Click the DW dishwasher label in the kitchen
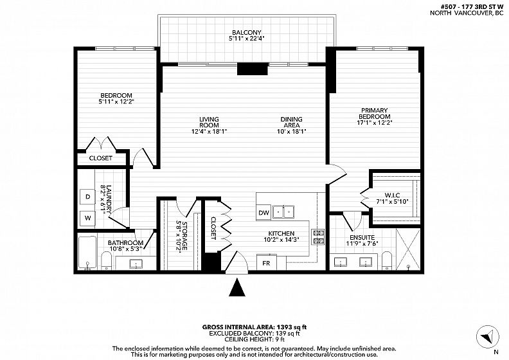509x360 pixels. click(264, 213)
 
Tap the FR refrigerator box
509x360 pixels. click(266, 262)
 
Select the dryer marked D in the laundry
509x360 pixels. click(87, 197)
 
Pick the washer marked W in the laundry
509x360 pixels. click(87, 218)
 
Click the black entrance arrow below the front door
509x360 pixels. click(237, 287)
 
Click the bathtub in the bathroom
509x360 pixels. click(87, 253)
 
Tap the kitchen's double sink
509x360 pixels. click(283, 212)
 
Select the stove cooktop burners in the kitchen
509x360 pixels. click(317, 237)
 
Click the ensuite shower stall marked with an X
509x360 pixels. click(408, 249)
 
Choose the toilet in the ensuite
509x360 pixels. click(387, 260)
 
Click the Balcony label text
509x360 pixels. click(246, 32)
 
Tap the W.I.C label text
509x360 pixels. click(392, 195)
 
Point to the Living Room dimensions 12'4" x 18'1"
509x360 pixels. click(209, 132)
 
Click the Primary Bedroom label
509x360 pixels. click(374, 113)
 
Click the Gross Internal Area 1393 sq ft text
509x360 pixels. click(254, 327)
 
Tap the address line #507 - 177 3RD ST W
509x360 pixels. click(470, 7)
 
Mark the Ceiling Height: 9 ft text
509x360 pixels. click(254, 339)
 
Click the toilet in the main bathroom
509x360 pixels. click(106, 260)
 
